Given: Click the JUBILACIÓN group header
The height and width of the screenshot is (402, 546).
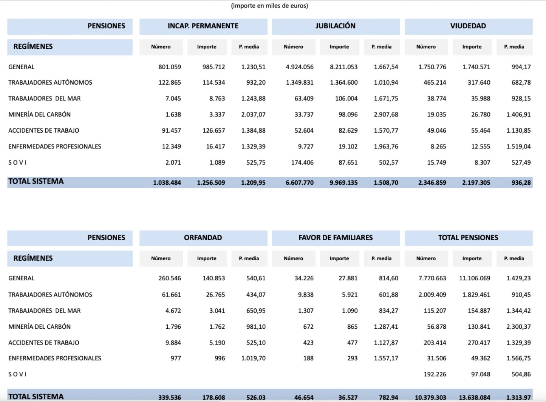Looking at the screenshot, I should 336,26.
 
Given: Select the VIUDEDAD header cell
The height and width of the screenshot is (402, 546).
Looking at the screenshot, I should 468,26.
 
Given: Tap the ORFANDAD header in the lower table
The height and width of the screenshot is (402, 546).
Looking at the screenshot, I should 203,238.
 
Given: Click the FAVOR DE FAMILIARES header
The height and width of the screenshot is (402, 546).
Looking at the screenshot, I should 336,238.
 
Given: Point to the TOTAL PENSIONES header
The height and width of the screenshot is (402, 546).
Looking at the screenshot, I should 468,238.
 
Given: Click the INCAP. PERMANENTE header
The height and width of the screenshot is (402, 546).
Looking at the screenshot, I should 203,26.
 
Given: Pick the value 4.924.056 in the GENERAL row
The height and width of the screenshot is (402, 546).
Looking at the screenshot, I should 300,67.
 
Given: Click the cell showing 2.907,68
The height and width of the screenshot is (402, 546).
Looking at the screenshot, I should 386,114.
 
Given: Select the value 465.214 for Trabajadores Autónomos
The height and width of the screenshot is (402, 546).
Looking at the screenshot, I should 435,82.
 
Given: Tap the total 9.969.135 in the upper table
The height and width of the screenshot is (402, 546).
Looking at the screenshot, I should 343,182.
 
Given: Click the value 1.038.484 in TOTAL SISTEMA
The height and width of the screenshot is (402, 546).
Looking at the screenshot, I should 167,182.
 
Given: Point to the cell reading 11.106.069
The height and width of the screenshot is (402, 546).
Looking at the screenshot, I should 475,278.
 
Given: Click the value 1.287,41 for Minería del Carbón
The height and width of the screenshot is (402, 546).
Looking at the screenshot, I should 386,326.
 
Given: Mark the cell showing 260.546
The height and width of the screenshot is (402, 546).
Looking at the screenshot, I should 170,278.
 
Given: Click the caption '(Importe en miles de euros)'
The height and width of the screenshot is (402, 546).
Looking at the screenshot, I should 269,6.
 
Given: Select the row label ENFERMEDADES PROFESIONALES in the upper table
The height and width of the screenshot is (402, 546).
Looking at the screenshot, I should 55,147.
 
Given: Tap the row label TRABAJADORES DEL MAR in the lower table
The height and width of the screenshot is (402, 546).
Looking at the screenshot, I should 45,311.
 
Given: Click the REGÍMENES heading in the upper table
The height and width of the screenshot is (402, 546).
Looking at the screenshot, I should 33,46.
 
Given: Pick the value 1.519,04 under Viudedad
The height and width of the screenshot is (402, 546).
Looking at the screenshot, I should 518,147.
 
